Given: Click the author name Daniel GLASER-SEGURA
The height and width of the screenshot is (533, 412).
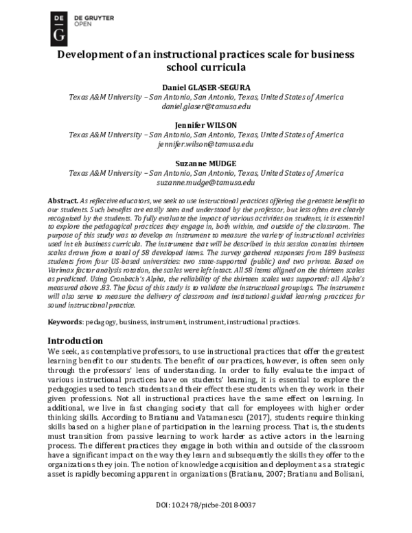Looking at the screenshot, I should point(205,88).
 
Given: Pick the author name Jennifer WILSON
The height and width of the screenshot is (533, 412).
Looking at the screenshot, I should point(205,126).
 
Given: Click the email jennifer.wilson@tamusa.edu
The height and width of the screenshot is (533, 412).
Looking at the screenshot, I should point(205,145).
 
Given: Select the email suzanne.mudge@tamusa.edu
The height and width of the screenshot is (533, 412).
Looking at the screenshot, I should point(205,183).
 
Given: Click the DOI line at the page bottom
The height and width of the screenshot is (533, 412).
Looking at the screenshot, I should point(205,523).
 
